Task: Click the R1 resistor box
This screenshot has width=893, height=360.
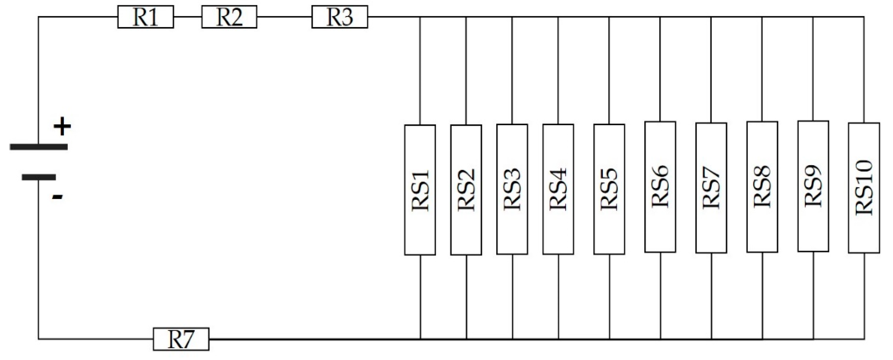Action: [x=145, y=17]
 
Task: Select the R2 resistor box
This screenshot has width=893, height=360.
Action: [x=229, y=17]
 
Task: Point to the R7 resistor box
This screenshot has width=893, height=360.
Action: [x=181, y=339]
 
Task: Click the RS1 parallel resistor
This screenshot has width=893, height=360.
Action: [x=420, y=190]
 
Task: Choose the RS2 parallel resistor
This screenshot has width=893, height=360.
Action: [x=466, y=190]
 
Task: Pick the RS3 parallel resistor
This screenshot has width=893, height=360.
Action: [x=512, y=190]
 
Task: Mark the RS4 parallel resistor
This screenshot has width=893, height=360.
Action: [x=558, y=190]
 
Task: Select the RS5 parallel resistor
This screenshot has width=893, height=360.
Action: [x=609, y=189]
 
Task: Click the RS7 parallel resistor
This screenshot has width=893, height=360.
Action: [x=711, y=188]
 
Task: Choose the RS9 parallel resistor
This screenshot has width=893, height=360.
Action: [x=813, y=186]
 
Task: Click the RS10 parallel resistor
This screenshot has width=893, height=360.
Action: [x=864, y=188]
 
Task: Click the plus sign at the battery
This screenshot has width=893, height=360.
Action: [x=62, y=127]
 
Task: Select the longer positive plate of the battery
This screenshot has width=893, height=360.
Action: [x=39, y=147]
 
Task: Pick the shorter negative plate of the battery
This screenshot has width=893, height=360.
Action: [x=39, y=177]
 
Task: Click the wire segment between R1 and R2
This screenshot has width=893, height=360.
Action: [x=187, y=17]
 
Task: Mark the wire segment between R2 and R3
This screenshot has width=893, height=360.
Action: [x=284, y=17]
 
